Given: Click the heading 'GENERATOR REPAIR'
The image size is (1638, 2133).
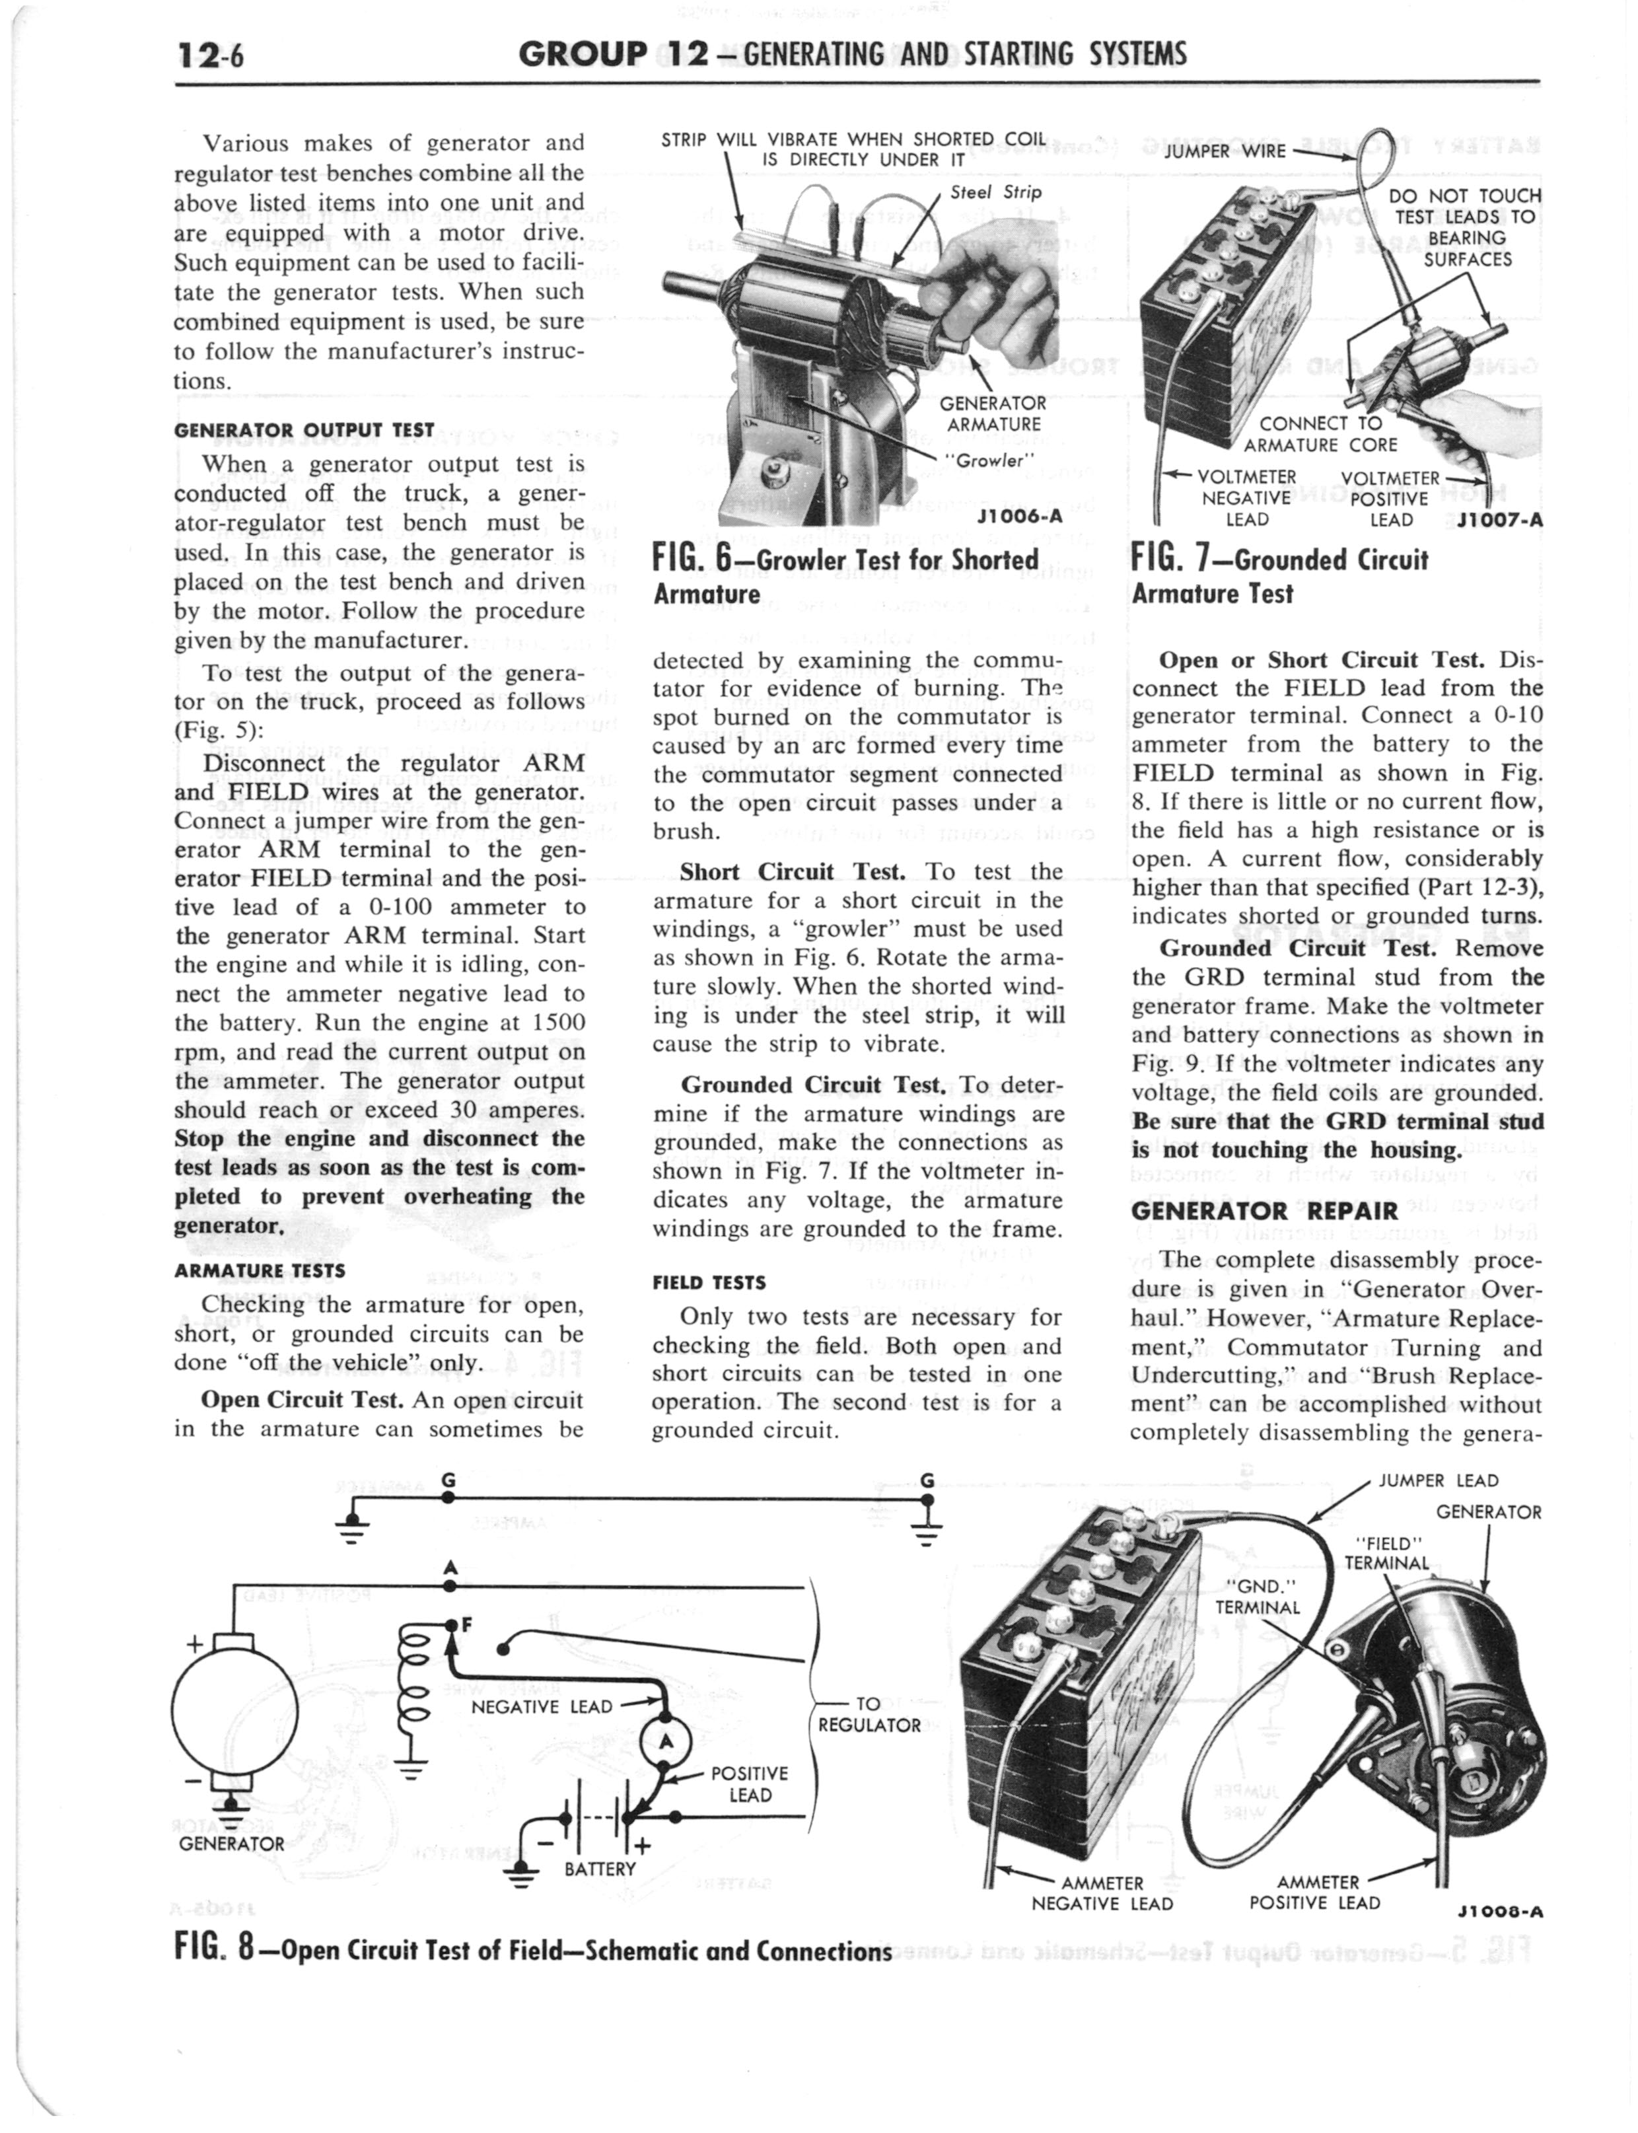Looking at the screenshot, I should pyautogui.click(x=1265, y=1211).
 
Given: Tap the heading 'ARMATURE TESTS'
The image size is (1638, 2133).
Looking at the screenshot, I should pyautogui.click(x=260, y=1271).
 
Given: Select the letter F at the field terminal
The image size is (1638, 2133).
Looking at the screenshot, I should pyautogui.click(x=466, y=1624).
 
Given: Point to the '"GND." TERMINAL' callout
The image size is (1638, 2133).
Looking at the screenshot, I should pyautogui.click(x=1257, y=1597).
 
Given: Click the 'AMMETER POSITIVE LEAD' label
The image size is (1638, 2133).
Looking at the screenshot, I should pyautogui.click(x=1315, y=1891).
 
